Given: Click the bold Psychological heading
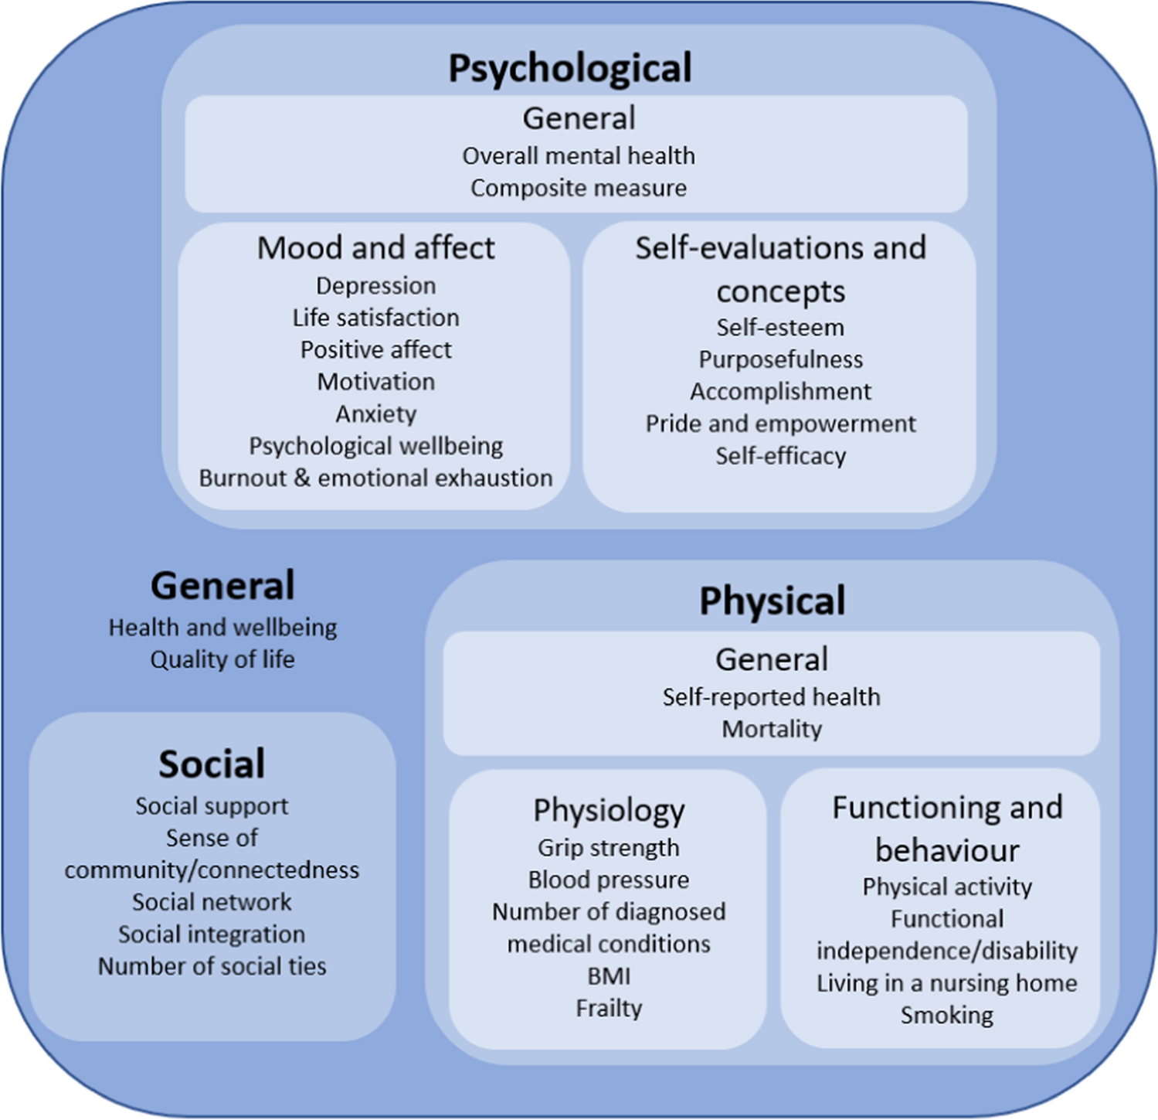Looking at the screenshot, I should [570, 68].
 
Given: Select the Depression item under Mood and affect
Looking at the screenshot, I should [376, 286].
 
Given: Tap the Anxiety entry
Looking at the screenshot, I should [376, 414].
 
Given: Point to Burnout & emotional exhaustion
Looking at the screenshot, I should [376, 478].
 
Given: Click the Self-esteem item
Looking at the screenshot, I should [780, 328].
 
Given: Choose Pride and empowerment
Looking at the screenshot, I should [780, 424].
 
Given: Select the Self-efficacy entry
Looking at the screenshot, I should [780, 456].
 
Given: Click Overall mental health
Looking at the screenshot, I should [579, 156].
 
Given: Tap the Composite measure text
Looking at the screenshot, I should [579, 189].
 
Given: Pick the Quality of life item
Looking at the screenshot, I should [222, 660].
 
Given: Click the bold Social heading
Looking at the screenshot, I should [212, 764].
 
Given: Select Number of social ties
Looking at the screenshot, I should [212, 966].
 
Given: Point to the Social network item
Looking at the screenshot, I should [212, 902].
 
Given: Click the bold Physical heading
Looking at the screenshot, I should [772, 601].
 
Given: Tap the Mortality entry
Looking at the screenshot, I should [772, 729].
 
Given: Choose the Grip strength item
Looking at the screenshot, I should [609, 848].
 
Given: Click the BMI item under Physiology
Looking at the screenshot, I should [609, 976].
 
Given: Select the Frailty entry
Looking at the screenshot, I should [609, 1009].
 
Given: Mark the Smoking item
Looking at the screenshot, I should [947, 1016].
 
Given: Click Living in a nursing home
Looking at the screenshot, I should [947, 983].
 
